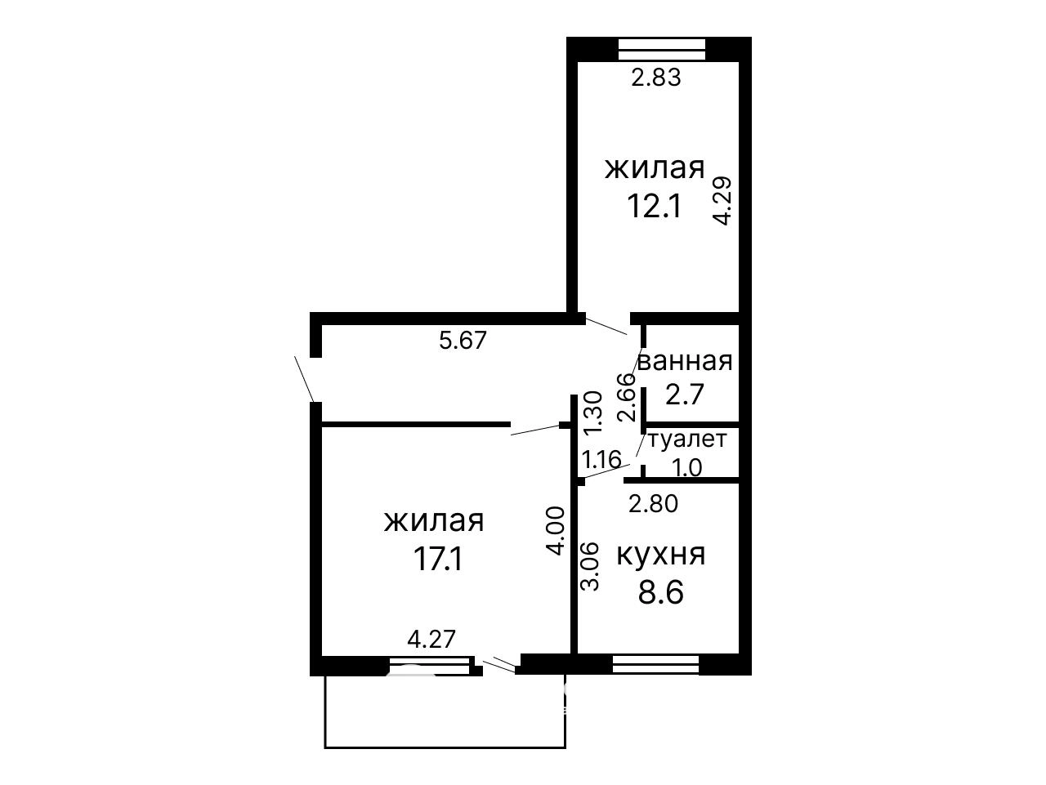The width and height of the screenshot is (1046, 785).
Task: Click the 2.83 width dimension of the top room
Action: [656, 77]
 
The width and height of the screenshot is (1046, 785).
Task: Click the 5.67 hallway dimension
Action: [463, 340]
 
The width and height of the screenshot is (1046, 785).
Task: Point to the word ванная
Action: [685, 362]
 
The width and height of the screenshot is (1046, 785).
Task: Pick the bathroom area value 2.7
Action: [684, 395]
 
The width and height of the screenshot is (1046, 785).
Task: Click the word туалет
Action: [688, 439]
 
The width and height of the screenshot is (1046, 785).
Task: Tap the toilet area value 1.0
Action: [687, 468]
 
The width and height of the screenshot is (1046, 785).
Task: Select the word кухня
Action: [661, 555]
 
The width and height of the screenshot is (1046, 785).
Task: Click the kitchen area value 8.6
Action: [661, 593]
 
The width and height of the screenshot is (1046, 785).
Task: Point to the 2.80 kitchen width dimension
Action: [653, 504]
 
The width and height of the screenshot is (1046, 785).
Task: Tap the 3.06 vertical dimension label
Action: [591, 566]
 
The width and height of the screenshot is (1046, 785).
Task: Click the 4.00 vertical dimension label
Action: [556, 531]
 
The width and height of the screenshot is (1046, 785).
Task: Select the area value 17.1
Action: [438, 559]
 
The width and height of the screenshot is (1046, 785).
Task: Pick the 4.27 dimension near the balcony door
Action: [431, 640]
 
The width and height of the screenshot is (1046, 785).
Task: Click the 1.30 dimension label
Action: [594, 413]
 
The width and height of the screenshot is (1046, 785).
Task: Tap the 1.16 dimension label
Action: [602, 460]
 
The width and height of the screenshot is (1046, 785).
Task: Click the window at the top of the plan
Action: [661, 50]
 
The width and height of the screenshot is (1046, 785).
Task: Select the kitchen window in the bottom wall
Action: [655, 664]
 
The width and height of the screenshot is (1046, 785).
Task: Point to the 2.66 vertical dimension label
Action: [627, 397]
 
